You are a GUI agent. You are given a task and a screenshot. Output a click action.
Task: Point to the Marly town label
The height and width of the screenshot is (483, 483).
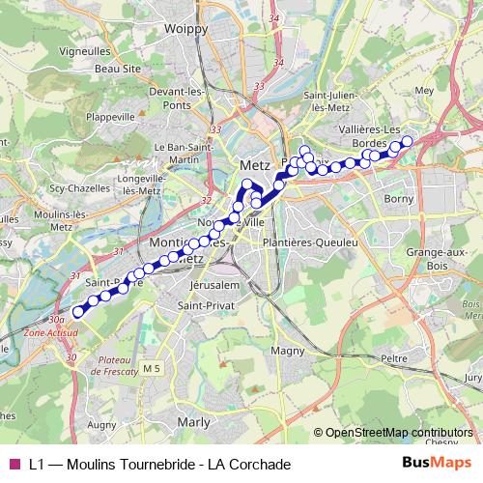194,422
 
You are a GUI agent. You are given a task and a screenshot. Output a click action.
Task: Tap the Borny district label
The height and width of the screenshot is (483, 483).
399,198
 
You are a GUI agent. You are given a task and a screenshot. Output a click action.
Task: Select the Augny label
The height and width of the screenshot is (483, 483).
101,423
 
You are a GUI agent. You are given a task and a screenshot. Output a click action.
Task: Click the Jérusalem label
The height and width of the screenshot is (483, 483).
213,287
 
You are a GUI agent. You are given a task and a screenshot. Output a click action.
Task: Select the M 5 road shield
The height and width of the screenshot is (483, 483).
151,369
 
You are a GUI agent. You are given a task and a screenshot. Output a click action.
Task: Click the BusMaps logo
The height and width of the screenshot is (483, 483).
437,464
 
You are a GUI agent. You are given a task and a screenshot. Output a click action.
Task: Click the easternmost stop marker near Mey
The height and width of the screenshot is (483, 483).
407,141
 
